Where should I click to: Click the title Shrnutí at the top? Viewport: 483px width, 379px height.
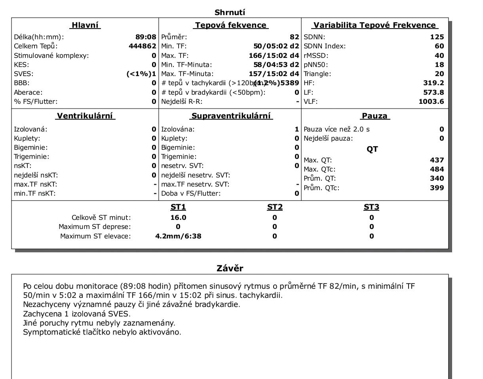230,13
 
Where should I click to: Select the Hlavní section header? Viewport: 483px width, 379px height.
85,25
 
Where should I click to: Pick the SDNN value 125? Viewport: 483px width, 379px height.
437,37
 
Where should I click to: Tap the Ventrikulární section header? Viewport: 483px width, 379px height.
86,116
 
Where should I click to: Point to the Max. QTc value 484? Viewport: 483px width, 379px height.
437,169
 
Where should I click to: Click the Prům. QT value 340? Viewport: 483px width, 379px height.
437,178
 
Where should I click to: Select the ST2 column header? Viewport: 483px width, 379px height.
274,207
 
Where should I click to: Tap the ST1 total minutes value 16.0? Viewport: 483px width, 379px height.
178,217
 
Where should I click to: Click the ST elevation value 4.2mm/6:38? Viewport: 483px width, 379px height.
178,236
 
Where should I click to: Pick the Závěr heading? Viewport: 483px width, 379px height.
230,268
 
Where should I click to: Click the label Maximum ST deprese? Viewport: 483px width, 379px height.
95,227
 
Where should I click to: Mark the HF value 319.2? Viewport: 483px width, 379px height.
434,83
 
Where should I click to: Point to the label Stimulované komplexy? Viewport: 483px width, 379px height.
51,55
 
